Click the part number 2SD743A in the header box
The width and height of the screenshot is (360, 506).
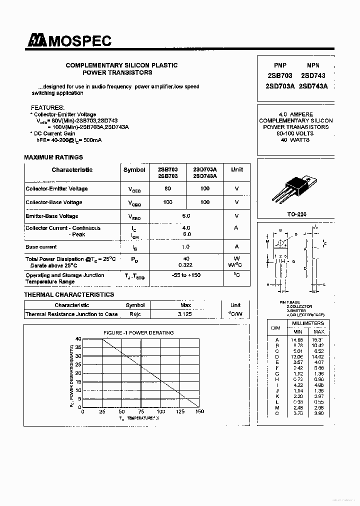[313, 85]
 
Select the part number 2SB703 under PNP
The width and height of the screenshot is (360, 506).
[280, 75]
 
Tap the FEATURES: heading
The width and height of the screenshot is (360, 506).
[47, 107]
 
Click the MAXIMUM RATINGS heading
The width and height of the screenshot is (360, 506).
[53, 157]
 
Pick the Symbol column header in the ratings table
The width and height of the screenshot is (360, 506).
[134, 170]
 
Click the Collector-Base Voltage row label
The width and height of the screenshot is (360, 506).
[54, 202]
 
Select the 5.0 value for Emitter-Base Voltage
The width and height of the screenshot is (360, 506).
[186, 216]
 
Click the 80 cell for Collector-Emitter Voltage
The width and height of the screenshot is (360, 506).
[167, 189]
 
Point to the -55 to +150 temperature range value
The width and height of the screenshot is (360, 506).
[186, 275]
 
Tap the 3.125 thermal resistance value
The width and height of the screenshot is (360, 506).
[185, 314]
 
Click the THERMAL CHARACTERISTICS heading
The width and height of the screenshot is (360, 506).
[69, 295]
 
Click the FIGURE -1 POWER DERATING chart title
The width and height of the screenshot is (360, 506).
[138, 332]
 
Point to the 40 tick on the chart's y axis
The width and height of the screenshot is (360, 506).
[78, 339]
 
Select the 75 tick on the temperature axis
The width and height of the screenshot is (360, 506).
[141, 412]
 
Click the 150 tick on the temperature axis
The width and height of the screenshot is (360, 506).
[199, 412]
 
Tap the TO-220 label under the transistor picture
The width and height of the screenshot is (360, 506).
[297, 214]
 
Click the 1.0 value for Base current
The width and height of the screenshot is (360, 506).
[186, 247]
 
